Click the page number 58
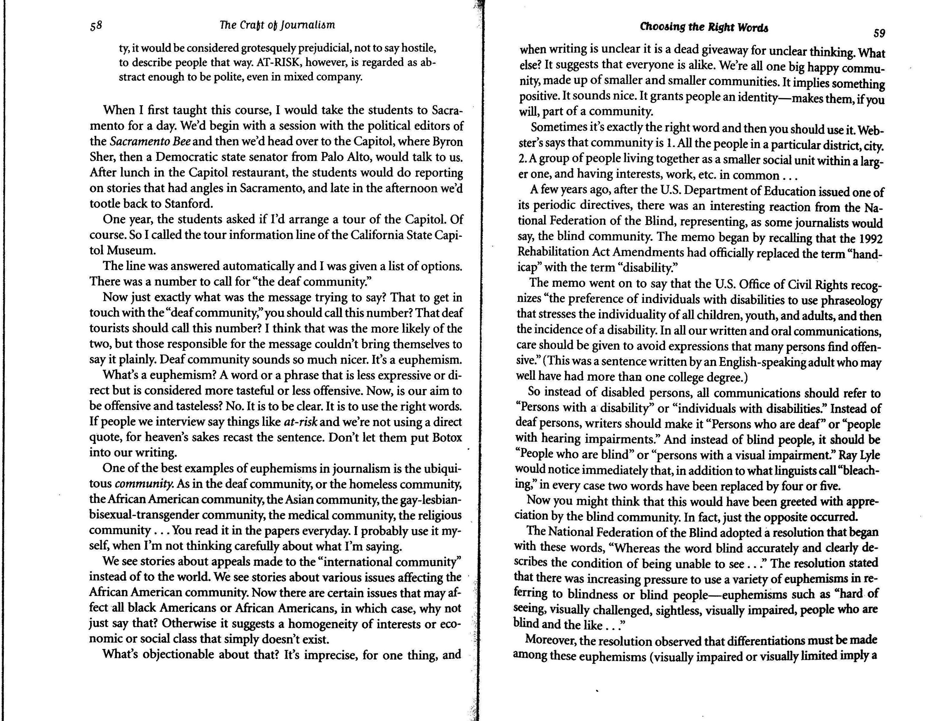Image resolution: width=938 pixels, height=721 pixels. click(x=96, y=26)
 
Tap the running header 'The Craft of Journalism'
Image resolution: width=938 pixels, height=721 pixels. click(x=277, y=25)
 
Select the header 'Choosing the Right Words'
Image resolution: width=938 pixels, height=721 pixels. click(x=704, y=27)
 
